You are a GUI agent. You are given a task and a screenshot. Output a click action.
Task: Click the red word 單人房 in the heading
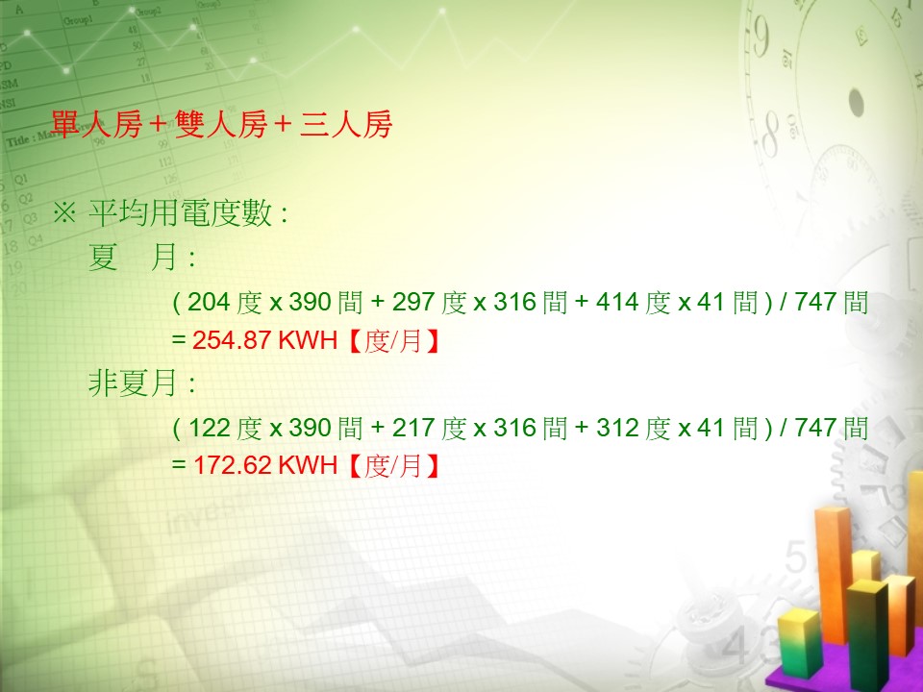pos(96,125)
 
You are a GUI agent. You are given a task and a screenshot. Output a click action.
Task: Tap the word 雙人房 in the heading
pos(221,125)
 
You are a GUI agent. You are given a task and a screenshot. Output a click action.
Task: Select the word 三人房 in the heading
pos(345,125)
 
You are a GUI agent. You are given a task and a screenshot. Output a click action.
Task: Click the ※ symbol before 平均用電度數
pos(64,212)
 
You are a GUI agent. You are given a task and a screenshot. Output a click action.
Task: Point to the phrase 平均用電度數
pos(180,212)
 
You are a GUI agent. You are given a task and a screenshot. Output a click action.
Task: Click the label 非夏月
pos(134,383)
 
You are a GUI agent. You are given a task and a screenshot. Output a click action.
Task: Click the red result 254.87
pos(232,340)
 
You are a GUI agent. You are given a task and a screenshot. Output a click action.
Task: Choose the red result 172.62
pos(232,465)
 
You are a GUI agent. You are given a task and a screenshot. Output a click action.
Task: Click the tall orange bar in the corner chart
pos(833,574)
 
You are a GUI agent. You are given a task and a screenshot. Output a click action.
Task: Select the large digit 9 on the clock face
pos(760,37)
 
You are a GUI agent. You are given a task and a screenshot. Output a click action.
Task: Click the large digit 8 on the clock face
pos(770,136)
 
